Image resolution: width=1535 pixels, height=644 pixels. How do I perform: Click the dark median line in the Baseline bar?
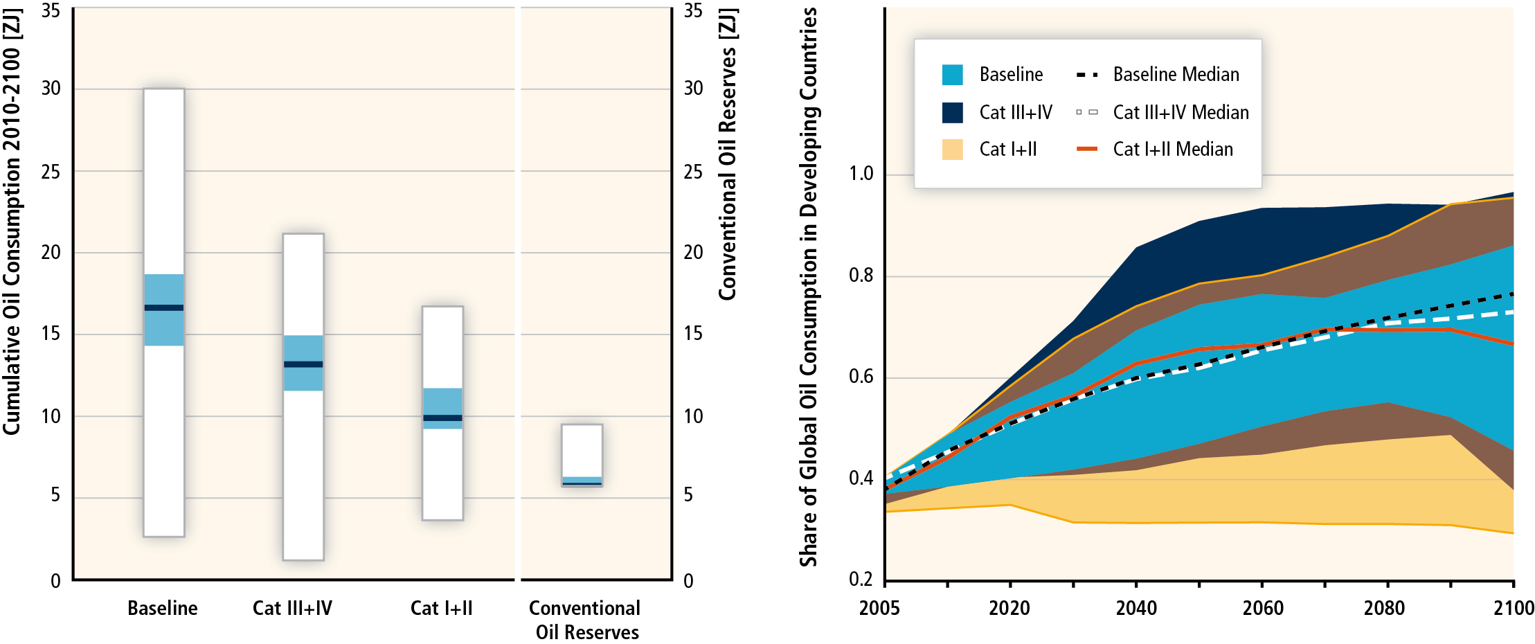click(164, 307)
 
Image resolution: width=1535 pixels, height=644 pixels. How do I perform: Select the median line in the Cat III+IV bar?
click(303, 364)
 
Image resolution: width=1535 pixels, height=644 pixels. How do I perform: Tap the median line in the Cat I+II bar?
click(442, 418)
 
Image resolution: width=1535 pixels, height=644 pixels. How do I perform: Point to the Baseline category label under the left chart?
click(163, 608)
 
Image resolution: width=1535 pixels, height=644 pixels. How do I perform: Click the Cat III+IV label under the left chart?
click(292, 608)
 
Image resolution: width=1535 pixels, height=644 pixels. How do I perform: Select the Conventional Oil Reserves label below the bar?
click(586, 620)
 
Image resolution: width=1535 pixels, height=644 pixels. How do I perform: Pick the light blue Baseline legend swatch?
click(952, 75)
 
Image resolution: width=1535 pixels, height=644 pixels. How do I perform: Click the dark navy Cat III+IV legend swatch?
click(952, 112)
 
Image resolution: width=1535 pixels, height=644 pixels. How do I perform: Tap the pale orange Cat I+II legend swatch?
click(952, 150)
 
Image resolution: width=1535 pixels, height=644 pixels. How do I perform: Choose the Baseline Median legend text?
click(1176, 75)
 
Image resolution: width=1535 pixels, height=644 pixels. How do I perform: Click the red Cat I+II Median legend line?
click(1087, 149)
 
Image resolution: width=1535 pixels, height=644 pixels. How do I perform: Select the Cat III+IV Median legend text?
click(1181, 112)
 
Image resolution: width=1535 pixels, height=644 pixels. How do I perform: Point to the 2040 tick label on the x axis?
click(1136, 608)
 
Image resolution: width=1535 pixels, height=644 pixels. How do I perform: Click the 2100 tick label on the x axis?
click(1514, 608)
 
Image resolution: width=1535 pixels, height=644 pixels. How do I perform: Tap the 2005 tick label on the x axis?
click(879, 608)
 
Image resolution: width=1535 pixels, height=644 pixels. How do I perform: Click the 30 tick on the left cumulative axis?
click(51, 89)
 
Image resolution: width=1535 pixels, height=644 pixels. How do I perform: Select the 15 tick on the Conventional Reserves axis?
click(693, 334)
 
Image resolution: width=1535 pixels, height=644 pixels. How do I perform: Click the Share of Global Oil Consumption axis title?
click(809, 287)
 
